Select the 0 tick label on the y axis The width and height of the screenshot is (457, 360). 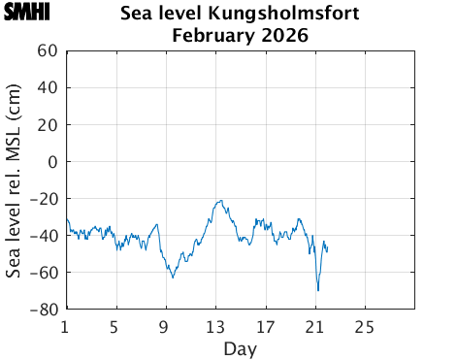coord(52,161)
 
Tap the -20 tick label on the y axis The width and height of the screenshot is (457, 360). coord(44,199)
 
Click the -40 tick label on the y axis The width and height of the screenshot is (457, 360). coord(44,236)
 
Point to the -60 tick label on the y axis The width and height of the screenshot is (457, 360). coord(44,273)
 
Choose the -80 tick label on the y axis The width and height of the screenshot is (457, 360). coord(44,310)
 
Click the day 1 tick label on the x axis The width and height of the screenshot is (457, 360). coord(65,326)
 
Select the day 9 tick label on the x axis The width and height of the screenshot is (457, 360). coord(165,326)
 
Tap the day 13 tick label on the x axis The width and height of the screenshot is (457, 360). coord(214,326)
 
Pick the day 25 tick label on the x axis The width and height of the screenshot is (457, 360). coord(365,326)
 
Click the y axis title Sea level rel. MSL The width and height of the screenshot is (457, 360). coord(14,180)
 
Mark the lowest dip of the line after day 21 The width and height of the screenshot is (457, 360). coord(317,290)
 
